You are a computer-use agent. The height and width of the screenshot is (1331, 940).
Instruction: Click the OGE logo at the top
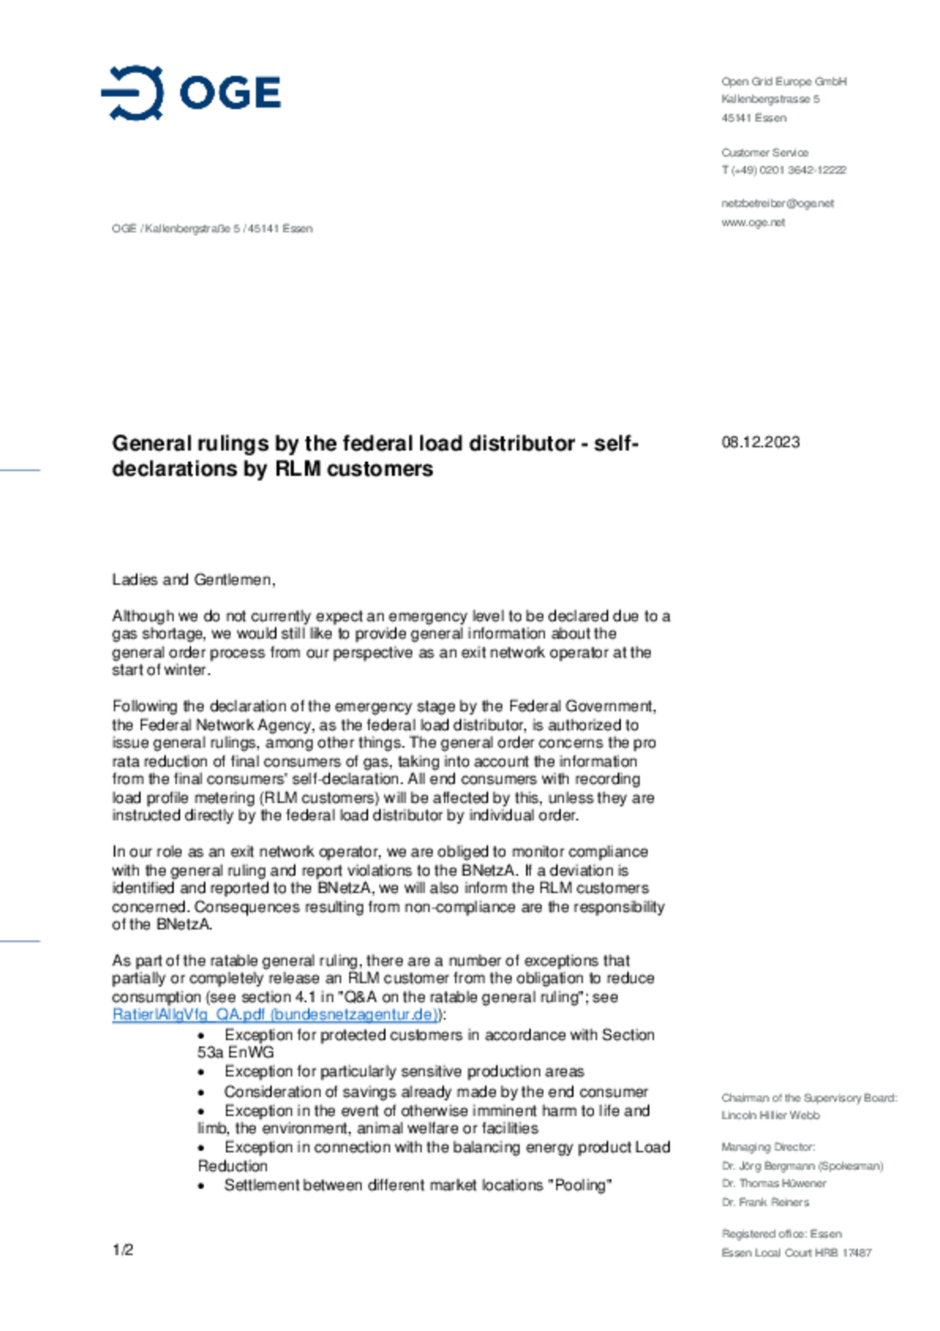[191, 93]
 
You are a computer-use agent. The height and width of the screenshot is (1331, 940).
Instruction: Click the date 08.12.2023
[760, 442]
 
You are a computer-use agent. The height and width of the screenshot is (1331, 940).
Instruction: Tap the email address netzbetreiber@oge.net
[777, 203]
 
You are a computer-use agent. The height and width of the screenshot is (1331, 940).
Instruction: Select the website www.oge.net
[753, 222]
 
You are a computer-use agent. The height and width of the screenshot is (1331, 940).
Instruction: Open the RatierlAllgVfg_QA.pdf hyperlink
[274, 1014]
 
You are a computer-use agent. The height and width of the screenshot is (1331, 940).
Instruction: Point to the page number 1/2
[123, 1249]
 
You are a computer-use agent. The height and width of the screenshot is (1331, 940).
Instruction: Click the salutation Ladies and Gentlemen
[193, 579]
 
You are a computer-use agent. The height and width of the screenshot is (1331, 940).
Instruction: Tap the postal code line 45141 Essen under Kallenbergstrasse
[753, 118]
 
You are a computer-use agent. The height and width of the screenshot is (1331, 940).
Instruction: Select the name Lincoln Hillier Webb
[770, 1115]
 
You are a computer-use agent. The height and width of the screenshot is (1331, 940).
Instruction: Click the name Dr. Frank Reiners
[765, 1202]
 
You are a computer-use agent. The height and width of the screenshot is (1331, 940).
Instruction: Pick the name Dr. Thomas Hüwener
[774, 1183]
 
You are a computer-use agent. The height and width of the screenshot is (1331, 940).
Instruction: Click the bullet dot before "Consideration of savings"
[202, 1092]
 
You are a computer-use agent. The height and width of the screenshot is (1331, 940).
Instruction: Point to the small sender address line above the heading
[212, 229]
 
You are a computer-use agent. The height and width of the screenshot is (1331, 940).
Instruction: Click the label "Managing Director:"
[768, 1147]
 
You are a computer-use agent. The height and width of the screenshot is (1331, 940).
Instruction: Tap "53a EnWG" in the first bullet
[236, 1052]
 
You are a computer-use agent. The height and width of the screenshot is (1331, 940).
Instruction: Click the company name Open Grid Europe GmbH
[783, 81]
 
